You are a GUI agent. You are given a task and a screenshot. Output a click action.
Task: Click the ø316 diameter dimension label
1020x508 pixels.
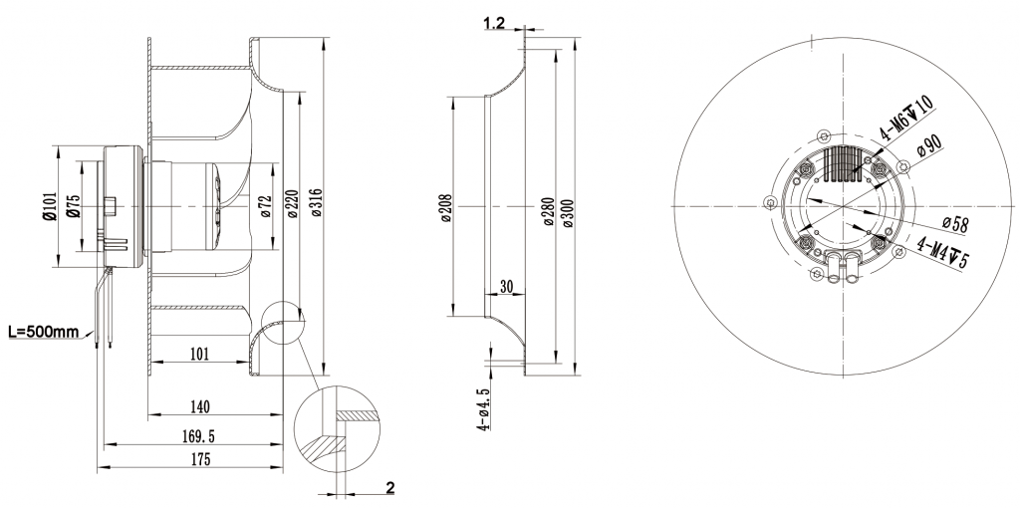click(x=316, y=205)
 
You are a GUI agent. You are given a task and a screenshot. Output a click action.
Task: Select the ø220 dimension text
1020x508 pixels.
click(x=291, y=205)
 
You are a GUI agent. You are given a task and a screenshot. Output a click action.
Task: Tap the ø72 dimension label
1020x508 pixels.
click(x=266, y=205)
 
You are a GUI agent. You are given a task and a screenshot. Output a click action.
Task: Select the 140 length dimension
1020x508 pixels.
click(x=198, y=406)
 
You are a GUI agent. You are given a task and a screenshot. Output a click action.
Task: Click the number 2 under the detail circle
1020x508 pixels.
click(x=389, y=488)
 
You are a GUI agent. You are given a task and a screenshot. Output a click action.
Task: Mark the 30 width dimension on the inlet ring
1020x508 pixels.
click(x=506, y=286)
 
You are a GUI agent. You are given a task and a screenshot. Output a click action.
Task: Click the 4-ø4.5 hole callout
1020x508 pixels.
click(x=484, y=408)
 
